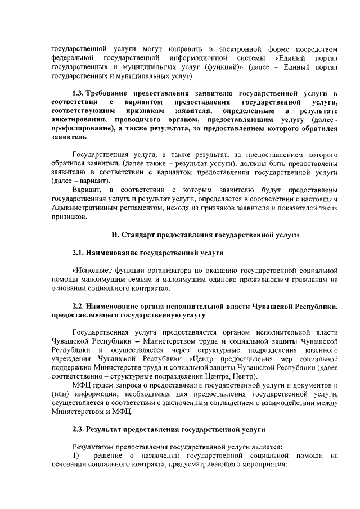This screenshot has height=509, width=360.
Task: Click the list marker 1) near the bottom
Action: click(77, 456)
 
